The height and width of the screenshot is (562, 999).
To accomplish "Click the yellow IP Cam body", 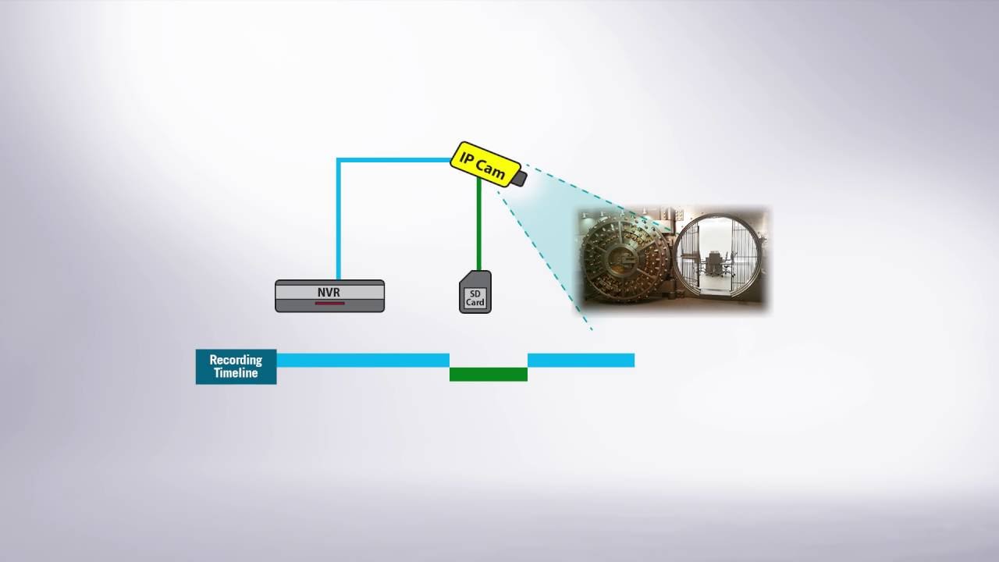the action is (485, 164).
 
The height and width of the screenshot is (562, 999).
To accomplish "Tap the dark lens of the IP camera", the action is (520, 179).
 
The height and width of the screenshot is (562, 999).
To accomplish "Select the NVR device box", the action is (329, 296).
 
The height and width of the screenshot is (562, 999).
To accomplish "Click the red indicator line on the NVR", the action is (329, 304).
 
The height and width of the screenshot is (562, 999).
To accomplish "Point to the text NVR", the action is (329, 292).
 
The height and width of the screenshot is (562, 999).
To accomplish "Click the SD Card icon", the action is (475, 292).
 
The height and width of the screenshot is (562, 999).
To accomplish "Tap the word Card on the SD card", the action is (475, 302).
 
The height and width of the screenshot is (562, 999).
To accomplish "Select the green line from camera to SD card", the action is (479, 224).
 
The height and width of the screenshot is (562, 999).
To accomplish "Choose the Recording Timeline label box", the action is (236, 367).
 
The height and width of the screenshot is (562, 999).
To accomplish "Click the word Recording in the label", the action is (236, 360).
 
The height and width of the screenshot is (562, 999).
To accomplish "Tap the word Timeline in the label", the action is (236, 373).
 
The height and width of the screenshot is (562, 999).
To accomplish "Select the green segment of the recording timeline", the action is (489, 374).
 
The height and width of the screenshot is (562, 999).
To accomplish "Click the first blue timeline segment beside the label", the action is (363, 361).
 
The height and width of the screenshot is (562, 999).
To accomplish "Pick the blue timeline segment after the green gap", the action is (581, 361).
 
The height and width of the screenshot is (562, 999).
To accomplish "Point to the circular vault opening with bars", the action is (716, 258).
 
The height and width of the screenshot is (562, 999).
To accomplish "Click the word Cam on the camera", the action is (490, 169).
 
